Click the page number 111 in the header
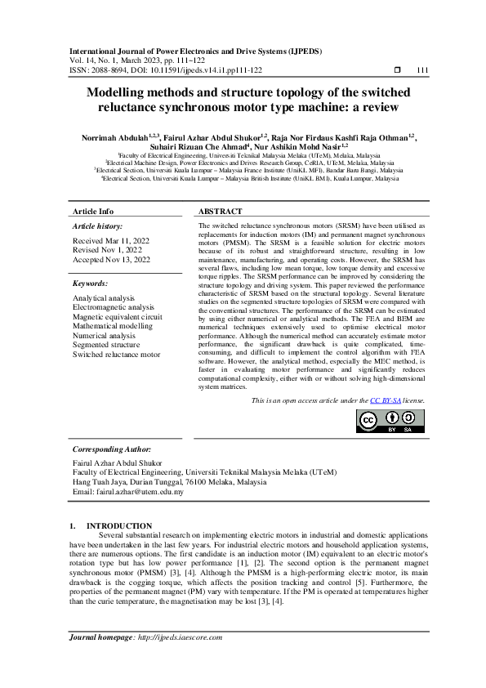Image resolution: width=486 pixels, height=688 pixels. pos(422,70)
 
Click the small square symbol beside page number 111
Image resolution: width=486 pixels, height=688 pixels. pos(397,70)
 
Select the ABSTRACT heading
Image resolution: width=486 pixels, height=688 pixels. pos(220,211)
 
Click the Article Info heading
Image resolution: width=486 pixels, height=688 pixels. pos(93,211)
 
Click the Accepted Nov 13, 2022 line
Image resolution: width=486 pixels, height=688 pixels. pos(111,259)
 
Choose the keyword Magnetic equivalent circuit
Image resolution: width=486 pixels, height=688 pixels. pos(117,315)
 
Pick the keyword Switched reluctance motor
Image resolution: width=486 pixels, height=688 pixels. pos(116,354)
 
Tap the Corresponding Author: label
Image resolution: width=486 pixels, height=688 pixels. pos(111,449)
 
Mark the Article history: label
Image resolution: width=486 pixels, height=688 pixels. pos(98,225)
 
